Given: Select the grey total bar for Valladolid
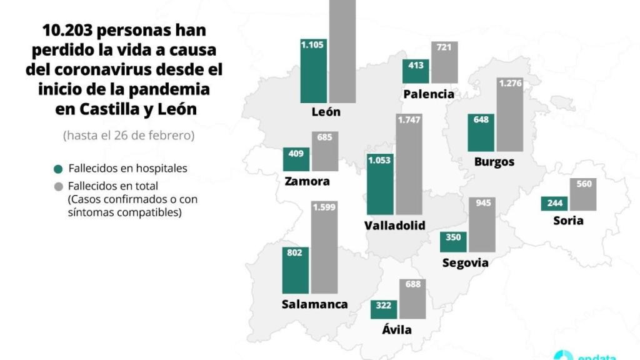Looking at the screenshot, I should (x=409, y=165).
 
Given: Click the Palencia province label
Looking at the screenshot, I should (x=429, y=94).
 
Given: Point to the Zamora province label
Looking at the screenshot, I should (x=306, y=182).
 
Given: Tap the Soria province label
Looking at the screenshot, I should (x=568, y=220).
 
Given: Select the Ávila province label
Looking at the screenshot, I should (x=396, y=329).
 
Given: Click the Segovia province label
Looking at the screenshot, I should (x=465, y=262).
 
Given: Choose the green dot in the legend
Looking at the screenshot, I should (x=59, y=169).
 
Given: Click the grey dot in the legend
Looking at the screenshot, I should (x=59, y=186).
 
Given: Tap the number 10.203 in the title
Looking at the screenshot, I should (x=67, y=30).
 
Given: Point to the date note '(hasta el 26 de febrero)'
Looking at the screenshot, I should (x=128, y=135).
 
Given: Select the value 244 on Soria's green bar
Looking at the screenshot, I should (x=554, y=202).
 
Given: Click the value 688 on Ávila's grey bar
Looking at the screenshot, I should (x=413, y=284).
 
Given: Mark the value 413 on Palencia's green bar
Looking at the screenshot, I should (x=416, y=64).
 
